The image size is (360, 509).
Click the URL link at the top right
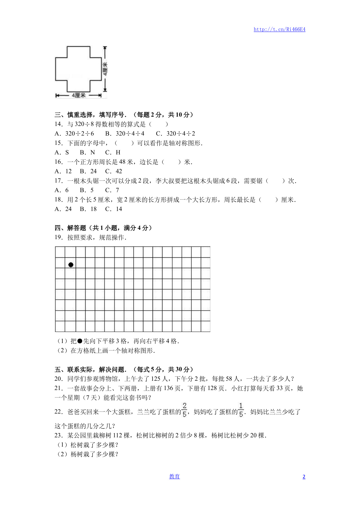[279, 29]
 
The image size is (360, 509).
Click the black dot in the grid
[71, 265]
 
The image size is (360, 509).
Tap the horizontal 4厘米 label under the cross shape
[79, 95]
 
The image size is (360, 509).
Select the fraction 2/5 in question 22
[184, 410]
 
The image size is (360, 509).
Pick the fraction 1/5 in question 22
[241, 410]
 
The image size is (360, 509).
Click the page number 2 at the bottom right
[304, 477]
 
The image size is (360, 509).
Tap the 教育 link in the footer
[174, 476]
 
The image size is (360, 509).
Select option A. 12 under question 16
[63, 171]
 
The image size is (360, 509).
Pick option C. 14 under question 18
[114, 209]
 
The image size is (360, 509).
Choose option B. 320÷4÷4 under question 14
[125, 133]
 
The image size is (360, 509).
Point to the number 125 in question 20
[156, 379]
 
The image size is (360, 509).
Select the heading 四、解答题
[70, 228]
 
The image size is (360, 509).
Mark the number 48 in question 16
[122, 162]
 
